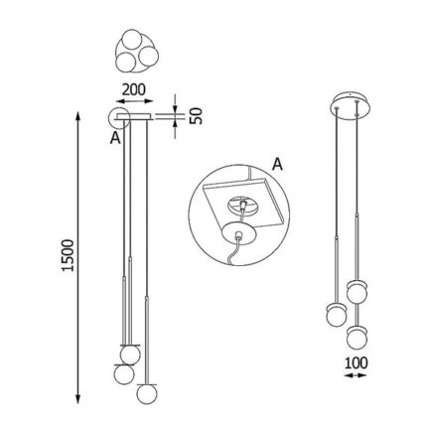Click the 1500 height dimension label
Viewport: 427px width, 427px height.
[68, 255]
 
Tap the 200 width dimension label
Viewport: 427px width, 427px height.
[134, 89]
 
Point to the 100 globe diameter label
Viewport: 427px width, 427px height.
[356, 363]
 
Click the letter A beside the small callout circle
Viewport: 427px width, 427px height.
[115, 138]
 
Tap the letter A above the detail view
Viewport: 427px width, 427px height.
[277, 164]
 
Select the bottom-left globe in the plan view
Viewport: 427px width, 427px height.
[126, 62]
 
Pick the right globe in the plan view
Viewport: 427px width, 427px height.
[149, 56]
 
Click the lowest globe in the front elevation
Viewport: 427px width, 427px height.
[147, 393]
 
